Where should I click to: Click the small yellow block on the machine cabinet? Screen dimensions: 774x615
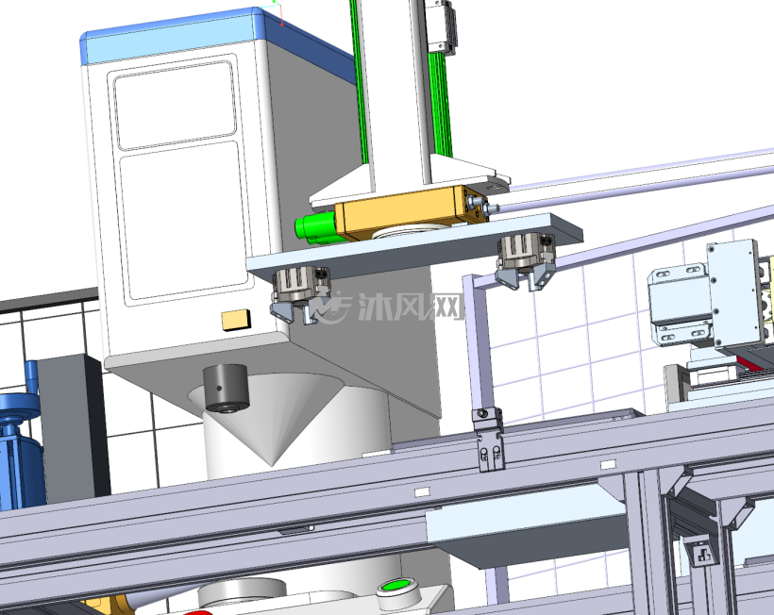point(236,320)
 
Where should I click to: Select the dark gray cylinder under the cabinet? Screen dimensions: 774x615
point(227,388)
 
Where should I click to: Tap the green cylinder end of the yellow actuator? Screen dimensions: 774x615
point(315,228)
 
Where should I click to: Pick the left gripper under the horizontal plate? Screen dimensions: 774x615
point(298,293)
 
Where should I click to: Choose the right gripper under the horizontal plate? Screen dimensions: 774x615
point(527,260)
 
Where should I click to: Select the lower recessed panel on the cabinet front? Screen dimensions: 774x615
point(183,221)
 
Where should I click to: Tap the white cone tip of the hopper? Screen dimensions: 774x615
point(272,462)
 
